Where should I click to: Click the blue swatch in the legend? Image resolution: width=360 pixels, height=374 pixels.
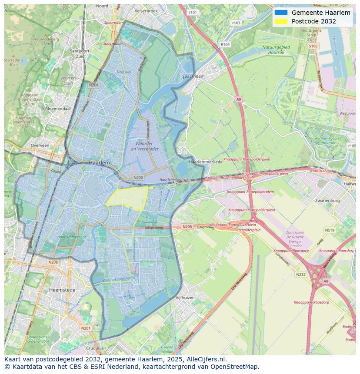[281, 13]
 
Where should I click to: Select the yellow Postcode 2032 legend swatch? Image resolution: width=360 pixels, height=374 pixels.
[281, 22]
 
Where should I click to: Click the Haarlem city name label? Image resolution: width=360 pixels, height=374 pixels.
[99, 162]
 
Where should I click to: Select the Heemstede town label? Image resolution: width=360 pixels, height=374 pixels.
[62, 290]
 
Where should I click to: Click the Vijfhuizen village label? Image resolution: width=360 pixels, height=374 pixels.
[185, 298]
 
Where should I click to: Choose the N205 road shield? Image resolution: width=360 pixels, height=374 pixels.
[187, 227]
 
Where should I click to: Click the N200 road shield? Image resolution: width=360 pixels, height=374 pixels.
[138, 178]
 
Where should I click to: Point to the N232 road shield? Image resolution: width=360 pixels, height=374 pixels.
[300, 275]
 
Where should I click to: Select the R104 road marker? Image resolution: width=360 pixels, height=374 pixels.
[225, 44]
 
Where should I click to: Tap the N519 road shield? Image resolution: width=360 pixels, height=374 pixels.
[330, 230]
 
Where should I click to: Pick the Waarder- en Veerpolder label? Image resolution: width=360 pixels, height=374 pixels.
[145, 146]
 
